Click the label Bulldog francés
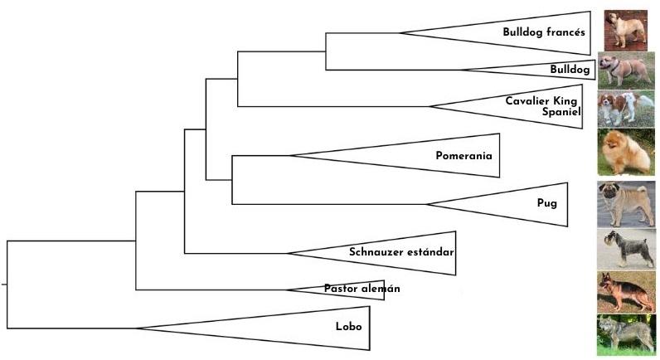pyautogui.click(x=543, y=32)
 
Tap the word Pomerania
pyautogui.click(x=463, y=155)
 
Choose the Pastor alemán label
pyautogui.click(x=362, y=289)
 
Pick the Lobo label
pyautogui.click(x=348, y=326)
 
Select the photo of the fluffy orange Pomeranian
pyautogui.click(x=625, y=152)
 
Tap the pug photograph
pyautogui.click(x=626, y=204)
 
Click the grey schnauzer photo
pyautogui.click(x=626, y=249)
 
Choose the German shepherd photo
pyautogui.click(x=626, y=292)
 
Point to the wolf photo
pyautogui.click(x=625, y=335)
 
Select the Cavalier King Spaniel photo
pyautogui.click(x=626, y=109)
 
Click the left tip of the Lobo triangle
pyautogui.click(x=136, y=328)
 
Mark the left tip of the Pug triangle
pyautogui.click(x=425, y=204)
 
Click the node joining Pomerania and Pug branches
pyautogui.click(x=231, y=179)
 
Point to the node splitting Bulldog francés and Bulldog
pyautogui.click(x=325, y=51)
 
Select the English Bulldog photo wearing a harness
pyautogui.click(x=626, y=71)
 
